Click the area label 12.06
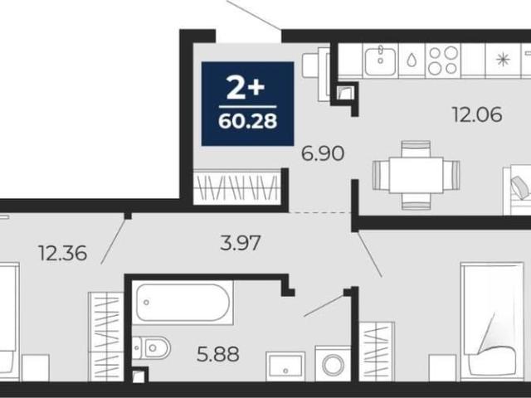click(x=477, y=114)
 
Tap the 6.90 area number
click(x=323, y=153)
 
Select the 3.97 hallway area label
click(x=241, y=243)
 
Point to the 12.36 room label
click(x=63, y=253)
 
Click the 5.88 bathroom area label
click(x=217, y=354)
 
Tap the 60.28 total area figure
click(x=247, y=121)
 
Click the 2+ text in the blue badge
click(x=246, y=86)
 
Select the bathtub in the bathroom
click(x=183, y=302)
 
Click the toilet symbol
click(x=151, y=347)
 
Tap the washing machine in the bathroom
click(x=333, y=364)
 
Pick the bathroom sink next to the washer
click(x=285, y=366)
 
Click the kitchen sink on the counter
click(x=380, y=61)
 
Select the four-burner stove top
click(x=442, y=61)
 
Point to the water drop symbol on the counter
click(x=412, y=61)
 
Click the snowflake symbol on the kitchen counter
click(x=503, y=60)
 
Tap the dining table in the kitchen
click(x=417, y=175)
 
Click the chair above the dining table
click(x=416, y=149)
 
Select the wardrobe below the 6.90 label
click(x=237, y=187)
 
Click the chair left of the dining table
click(x=381, y=175)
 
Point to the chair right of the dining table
click(x=451, y=175)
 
